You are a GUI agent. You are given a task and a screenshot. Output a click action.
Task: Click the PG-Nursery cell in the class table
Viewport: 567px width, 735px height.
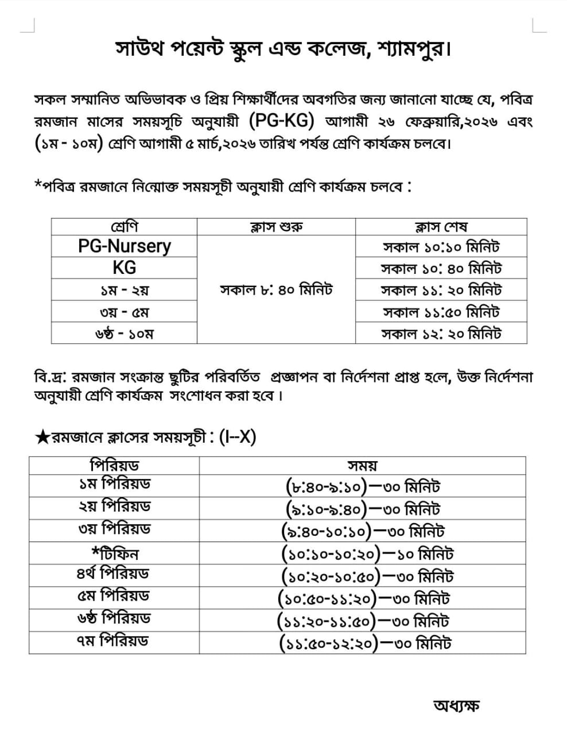[125, 246]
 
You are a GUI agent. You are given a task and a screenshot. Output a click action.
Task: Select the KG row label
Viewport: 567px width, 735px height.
[125, 268]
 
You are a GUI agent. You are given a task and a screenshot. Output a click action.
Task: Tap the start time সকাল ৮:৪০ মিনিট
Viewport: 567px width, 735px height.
[276, 290]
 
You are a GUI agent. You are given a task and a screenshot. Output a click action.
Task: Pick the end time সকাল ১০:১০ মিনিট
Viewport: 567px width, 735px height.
[441, 247]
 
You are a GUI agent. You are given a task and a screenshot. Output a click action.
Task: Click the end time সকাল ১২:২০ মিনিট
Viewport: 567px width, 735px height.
[441, 334]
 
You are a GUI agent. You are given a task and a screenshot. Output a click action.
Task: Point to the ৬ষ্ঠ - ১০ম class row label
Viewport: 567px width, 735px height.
[125, 334]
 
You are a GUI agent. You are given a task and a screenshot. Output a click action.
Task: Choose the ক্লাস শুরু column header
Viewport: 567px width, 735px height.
[276, 227]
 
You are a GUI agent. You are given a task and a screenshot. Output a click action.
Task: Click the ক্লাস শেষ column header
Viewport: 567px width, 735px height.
[441, 227]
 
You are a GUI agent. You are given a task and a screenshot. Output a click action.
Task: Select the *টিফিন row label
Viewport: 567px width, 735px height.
[114, 554]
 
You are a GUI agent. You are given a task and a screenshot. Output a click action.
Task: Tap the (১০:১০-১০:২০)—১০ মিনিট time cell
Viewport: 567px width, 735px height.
[367, 554]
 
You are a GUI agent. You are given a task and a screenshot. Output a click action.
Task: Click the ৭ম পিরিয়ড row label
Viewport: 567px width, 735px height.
[114, 641]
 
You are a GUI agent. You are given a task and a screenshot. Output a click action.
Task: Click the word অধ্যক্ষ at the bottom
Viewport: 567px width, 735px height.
[456, 705]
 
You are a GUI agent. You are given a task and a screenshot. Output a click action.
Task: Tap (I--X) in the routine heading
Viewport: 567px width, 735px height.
[237, 437]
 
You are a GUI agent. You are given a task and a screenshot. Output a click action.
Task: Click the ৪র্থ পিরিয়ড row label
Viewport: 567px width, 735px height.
[114, 574]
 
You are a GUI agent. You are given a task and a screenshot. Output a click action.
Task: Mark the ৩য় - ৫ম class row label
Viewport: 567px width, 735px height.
[125, 312]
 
